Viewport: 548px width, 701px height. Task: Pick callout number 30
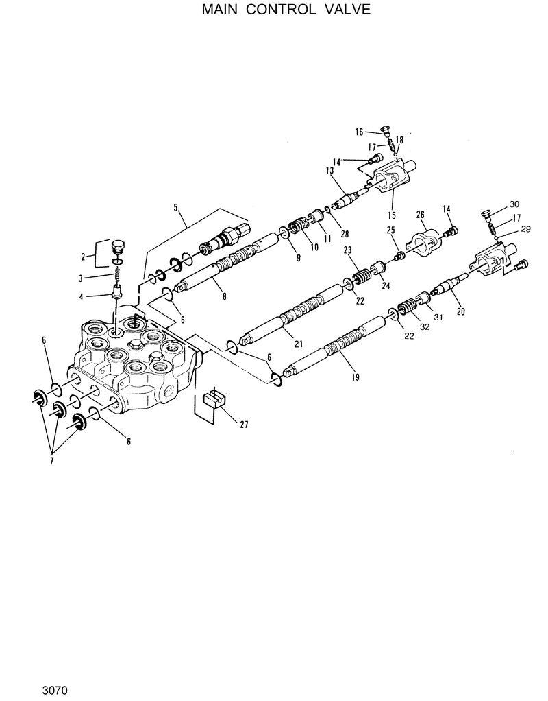514,204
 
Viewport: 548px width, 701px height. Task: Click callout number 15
391,215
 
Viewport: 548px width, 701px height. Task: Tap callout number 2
84,257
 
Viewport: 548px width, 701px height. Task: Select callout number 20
460,311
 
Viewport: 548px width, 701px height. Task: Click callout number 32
425,326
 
